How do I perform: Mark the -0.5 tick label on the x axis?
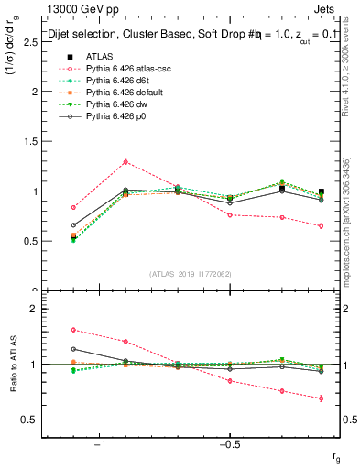pyautogui.click(x=229, y=444)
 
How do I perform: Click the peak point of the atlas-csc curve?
pyautogui.click(x=125, y=161)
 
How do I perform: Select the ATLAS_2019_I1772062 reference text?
pyautogui.click(x=191, y=272)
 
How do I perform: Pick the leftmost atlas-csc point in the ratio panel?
pyautogui.click(x=73, y=330)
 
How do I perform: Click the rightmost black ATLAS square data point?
pyautogui.click(x=321, y=192)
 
